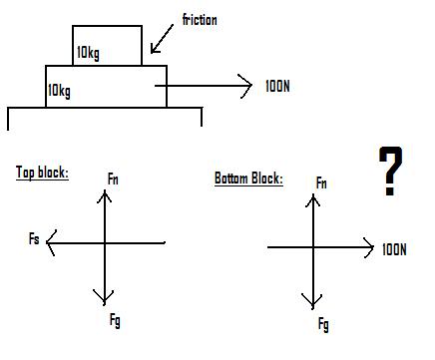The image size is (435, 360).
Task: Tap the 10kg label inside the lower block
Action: [x=60, y=91]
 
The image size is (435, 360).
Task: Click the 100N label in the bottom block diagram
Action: [x=394, y=248]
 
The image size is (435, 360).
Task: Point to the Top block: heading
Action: [x=42, y=173]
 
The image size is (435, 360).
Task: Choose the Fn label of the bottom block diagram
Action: [x=320, y=182]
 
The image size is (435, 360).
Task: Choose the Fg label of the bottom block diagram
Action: [x=322, y=325]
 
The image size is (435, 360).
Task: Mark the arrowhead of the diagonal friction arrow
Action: [x=153, y=50]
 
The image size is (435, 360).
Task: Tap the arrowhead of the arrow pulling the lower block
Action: [x=248, y=87]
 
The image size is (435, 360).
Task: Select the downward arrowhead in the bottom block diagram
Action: [x=314, y=303]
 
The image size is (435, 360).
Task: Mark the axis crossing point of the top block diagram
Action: [x=104, y=241]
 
